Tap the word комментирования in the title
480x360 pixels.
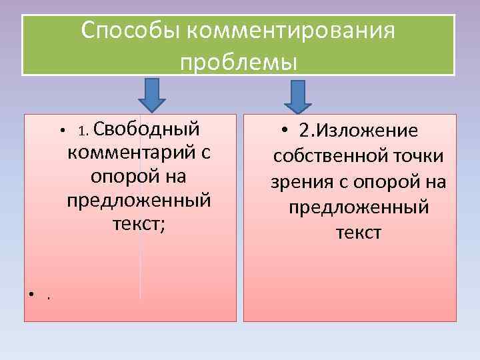coord(291,31)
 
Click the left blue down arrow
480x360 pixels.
coord(152,94)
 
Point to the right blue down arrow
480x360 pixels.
coord(298,97)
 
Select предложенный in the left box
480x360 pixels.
coord(139,200)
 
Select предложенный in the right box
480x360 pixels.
coord(359,207)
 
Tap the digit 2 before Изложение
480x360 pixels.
coord(305,131)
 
